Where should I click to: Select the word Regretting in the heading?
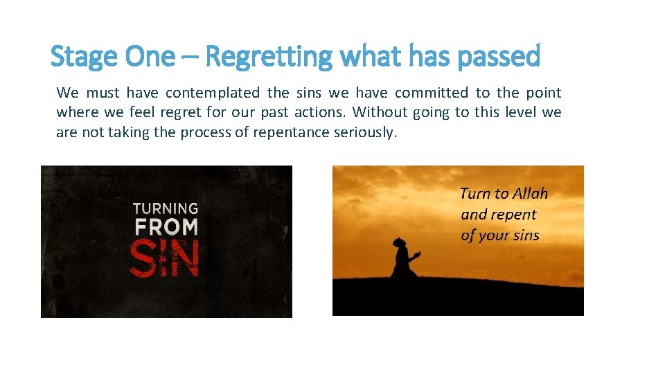pyautogui.click(x=269, y=56)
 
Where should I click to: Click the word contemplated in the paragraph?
pyautogui.click(x=213, y=93)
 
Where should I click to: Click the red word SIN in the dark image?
pyautogui.click(x=165, y=258)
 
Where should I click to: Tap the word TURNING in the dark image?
pyautogui.click(x=165, y=208)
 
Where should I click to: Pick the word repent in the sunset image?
pyautogui.click(x=513, y=214)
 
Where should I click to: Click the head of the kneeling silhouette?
pyautogui.click(x=400, y=242)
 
